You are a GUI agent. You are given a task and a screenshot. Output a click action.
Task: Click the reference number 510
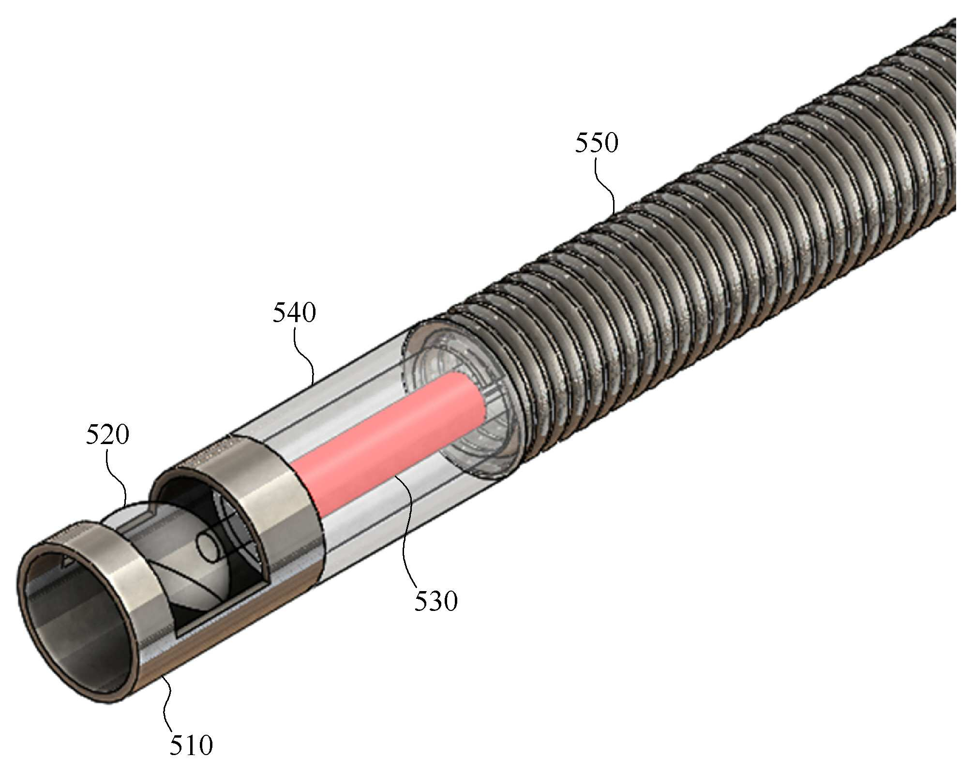[x=191, y=745]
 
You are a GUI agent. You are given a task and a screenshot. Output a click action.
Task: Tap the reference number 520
[x=107, y=434]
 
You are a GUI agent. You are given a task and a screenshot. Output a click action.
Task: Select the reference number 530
[x=435, y=601]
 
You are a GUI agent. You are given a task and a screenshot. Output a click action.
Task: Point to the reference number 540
[x=294, y=312]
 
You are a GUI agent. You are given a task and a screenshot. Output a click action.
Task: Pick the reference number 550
[x=597, y=143]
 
